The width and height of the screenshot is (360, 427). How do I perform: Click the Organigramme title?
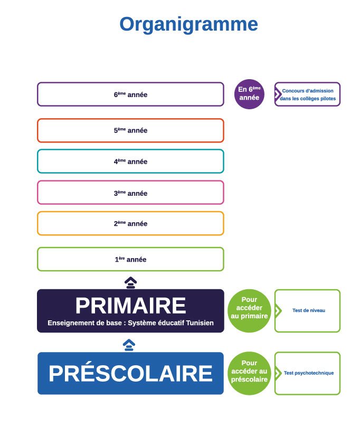click(188, 24)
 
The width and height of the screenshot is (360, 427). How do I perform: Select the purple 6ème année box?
click(130, 94)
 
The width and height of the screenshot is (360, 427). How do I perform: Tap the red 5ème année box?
click(130, 130)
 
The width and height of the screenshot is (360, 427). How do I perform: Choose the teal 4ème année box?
click(130, 162)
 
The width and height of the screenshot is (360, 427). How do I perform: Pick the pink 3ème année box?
click(130, 193)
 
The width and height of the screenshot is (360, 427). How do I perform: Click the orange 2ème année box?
click(130, 223)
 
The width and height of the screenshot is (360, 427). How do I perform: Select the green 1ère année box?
click(130, 259)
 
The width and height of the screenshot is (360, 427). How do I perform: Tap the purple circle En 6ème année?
click(249, 94)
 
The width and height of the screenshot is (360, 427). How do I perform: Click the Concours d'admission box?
click(308, 94)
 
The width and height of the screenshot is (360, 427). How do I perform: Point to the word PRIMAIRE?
click(130, 306)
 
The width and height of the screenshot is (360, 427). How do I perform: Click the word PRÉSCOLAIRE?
click(130, 373)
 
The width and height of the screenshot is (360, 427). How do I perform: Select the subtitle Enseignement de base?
click(130, 323)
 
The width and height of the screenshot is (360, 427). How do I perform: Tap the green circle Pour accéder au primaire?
click(249, 311)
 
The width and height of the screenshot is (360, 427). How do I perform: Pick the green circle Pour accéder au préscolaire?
click(249, 373)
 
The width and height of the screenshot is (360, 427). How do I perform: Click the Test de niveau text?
click(309, 310)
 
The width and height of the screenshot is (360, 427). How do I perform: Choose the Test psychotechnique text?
click(309, 373)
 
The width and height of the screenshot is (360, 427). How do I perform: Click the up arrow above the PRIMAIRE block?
click(130, 282)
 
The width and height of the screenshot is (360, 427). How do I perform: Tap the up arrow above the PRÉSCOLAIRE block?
click(129, 345)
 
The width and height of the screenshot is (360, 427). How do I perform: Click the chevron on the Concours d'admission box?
click(278, 94)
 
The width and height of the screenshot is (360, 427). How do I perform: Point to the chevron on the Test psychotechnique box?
click(278, 373)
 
